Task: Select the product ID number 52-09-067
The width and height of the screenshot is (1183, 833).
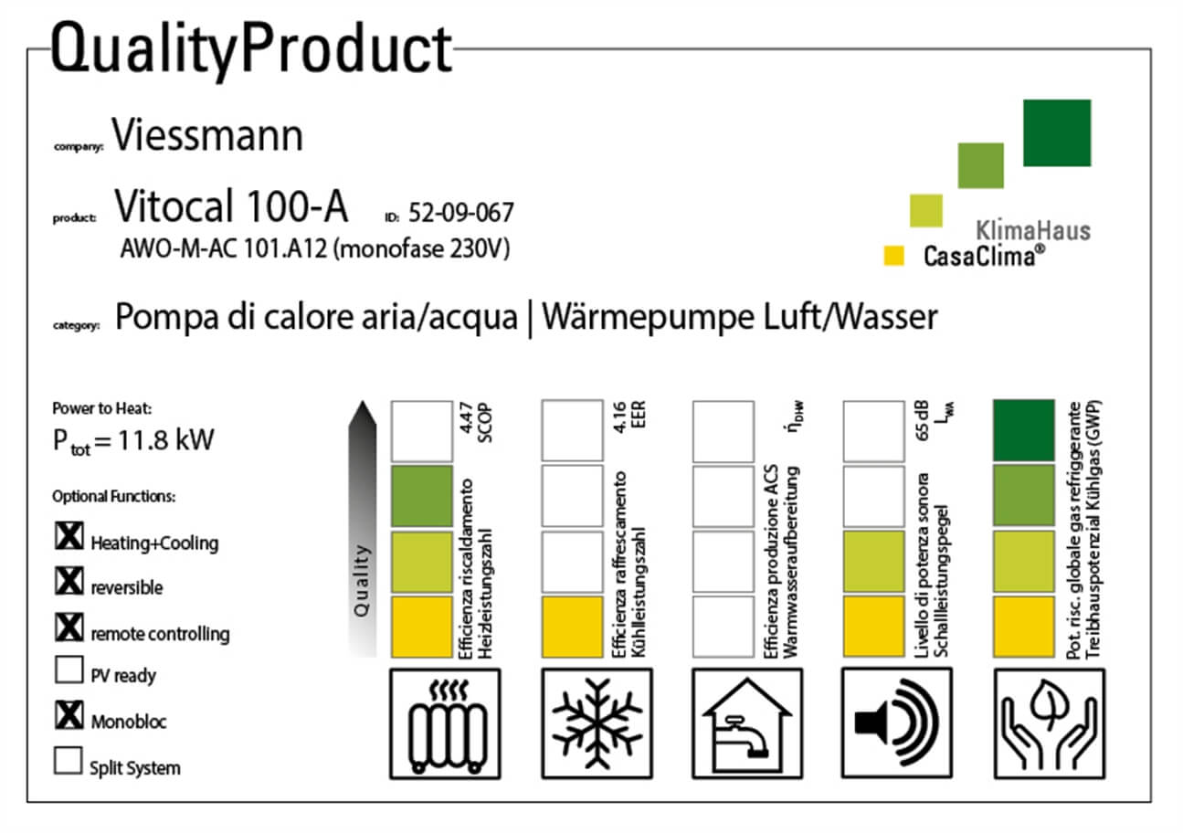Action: (461, 214)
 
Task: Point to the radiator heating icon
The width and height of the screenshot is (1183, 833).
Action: (445, 723)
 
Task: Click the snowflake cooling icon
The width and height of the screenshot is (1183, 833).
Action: (597, 723)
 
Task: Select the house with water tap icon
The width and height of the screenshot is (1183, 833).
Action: (747, 723)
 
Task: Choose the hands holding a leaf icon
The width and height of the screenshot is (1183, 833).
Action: (1049, 723)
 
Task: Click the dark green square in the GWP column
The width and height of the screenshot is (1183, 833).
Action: (1023, 430)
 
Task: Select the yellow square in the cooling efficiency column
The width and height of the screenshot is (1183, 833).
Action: (572, 627)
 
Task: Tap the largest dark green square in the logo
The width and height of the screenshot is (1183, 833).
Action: (1056, 133)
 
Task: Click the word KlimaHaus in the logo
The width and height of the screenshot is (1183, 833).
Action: (1033, 229)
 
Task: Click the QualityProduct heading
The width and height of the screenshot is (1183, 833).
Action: (251, 49)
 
